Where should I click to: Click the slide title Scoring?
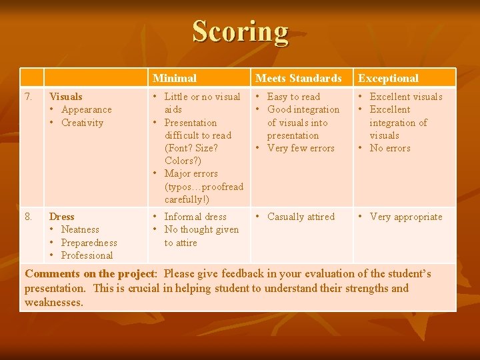(240, 31)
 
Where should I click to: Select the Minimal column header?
(174, 79)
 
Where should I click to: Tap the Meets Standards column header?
(298, 79)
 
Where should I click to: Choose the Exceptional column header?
(388, 79)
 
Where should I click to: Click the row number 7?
(29, 97)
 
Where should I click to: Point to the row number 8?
(29, 217)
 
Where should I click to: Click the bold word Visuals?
(66, 97)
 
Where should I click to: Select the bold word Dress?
(62, 217)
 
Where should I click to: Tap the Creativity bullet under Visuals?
(82, 123)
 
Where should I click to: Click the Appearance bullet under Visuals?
(86, 109)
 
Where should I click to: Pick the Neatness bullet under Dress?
(80, 229)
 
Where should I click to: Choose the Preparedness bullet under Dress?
(89, 243)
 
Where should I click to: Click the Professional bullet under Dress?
(87, 255)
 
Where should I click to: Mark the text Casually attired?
(301, 217)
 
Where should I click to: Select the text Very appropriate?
(405, 217)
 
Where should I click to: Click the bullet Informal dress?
(195, 217)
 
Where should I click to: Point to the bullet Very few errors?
(301, 148)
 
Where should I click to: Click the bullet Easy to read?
(293, 97)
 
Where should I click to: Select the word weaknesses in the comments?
(53, 303)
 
